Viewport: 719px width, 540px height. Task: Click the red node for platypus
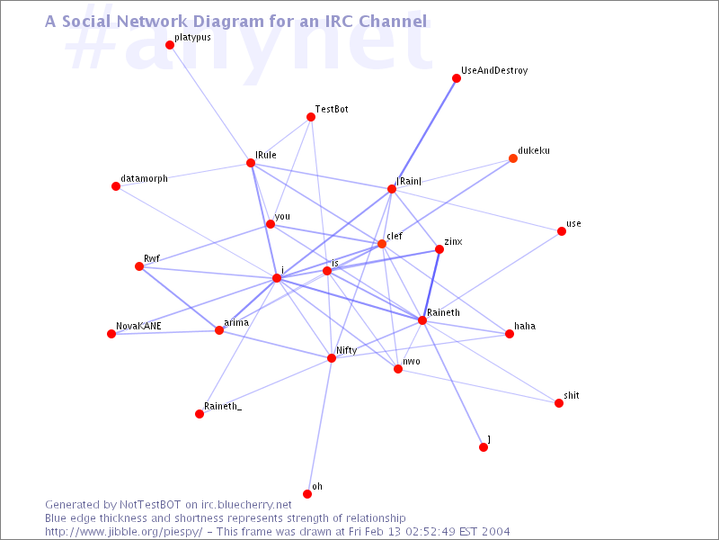tap(170, 45)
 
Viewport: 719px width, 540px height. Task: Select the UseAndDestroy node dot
tap(457, 78)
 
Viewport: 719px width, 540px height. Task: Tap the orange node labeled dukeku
tap(513, 158)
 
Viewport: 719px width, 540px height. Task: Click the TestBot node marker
tap(311, 117)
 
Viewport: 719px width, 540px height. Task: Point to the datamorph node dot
tap(116, 186)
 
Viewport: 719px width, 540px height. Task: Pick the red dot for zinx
tap(439, 249)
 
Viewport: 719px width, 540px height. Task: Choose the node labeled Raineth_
tap(200, 414)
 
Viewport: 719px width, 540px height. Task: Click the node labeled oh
tap(307, 494)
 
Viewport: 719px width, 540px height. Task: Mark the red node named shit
tap(558, 403)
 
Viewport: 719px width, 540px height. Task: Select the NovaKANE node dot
tap(111, 334)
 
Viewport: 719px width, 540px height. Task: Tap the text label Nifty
tap(347, 350)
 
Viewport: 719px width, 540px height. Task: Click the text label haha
tap(525, 326)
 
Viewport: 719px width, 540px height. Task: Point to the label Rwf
tap(152, 258)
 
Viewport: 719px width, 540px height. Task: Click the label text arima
tap(236, 322)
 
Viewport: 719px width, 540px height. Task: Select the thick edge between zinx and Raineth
tap(431, 284)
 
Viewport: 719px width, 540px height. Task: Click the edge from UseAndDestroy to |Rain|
tap(424, 133)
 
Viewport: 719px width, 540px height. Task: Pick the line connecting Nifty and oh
tap(320, 426)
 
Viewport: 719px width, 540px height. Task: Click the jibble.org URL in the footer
tap(124, 532)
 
